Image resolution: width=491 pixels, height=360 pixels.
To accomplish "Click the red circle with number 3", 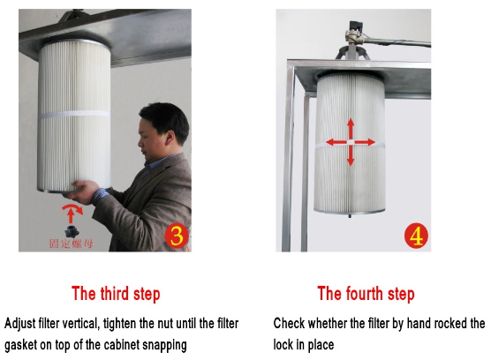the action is (177, 236).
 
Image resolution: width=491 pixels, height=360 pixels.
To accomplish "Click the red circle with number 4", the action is (416, 236).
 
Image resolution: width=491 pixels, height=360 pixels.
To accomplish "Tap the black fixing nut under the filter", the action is (72, 232).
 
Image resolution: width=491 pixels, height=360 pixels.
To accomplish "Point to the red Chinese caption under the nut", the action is (72, 244).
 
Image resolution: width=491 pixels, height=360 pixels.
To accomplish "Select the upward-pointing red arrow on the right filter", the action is (351, 129).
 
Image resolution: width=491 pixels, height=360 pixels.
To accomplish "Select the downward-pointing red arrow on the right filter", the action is (351, 155).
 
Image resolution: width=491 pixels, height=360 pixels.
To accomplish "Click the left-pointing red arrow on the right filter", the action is (336, 142).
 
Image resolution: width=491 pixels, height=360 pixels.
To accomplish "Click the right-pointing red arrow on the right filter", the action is (365, 142).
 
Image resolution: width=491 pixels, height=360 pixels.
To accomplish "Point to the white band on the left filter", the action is (74, 114).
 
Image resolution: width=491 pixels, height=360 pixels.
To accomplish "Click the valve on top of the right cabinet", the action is (354, 34).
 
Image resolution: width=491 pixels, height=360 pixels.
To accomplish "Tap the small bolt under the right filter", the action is (350, 216).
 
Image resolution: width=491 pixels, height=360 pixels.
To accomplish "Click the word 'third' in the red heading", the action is (115, 294).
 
